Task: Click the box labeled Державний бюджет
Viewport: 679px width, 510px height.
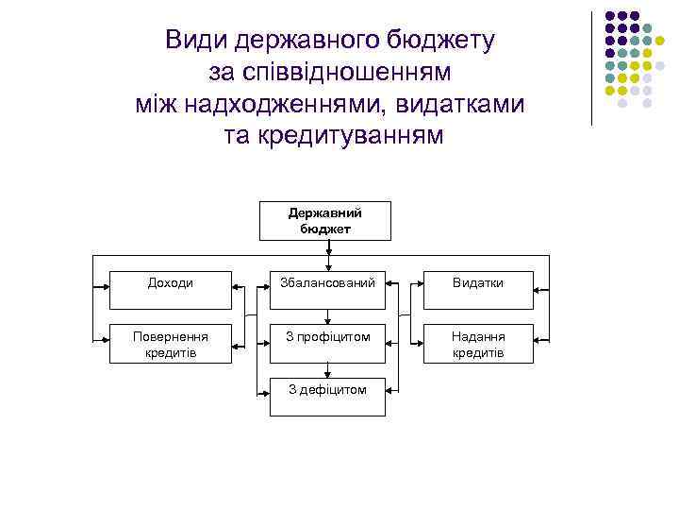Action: [325, 221]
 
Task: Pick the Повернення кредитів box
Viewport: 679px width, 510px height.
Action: [171, 344]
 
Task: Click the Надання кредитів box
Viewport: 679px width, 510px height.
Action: [478, 344]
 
